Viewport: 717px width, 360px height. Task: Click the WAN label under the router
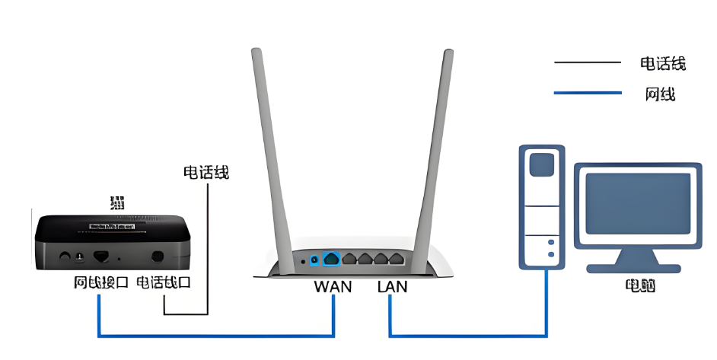tap(333, 287)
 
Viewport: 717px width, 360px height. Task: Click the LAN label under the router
tap(392, 287)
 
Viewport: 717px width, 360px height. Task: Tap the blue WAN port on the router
tap(331, 259)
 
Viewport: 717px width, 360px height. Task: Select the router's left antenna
tap(269, 152)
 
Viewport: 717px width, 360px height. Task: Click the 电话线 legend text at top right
tap(663, 63)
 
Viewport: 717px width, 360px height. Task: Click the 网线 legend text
tap(660, 94)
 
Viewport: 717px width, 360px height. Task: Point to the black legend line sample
tap(587, 62)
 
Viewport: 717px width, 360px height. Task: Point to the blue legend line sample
tap(587, 93)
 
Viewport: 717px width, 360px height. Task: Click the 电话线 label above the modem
tap(206, 172)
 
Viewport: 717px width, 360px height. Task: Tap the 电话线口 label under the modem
tap(163, 283)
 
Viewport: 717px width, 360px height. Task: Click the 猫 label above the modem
tap(117, 203)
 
